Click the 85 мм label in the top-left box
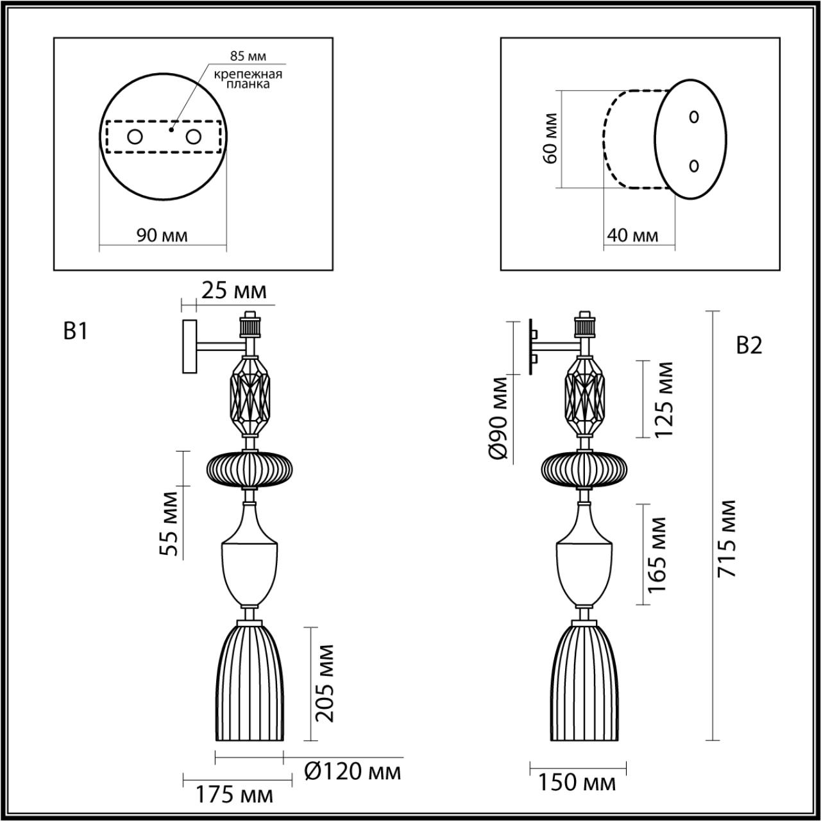248,56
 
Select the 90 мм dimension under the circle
162,235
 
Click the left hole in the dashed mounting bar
135,137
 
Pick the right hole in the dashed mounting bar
193,137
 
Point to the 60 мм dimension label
550,138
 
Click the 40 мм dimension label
632,235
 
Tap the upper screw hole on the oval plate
693,117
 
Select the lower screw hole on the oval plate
693,165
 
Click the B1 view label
75,332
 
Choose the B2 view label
749,346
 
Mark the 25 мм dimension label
233,292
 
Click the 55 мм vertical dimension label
169,524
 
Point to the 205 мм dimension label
326,684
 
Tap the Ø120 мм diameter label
352,771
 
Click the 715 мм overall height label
727,539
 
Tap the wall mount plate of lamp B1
189,346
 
